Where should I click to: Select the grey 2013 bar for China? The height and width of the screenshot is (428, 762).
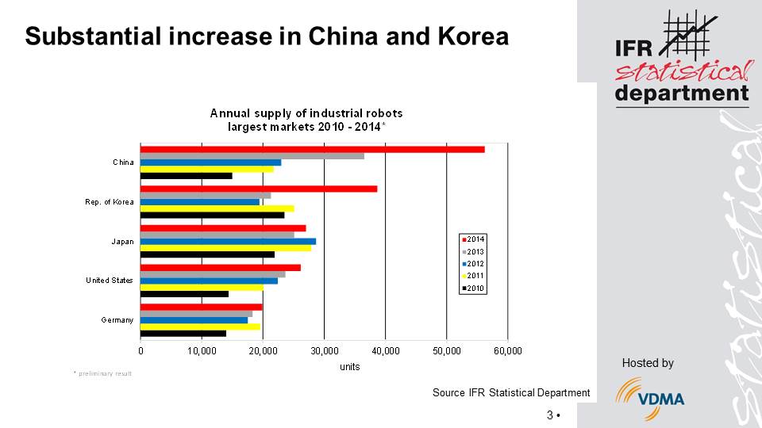click(252, 156)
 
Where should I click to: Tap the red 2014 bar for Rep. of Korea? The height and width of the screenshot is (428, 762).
click(259, 189)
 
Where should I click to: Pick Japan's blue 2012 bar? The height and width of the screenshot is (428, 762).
click(228, 241)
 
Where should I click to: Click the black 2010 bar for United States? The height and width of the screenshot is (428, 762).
click(184, 294)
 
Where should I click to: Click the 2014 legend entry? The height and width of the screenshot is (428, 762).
click(474, 239)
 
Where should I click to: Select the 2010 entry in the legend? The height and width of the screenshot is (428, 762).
click(474, 289)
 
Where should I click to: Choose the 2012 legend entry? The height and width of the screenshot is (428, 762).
click(474, 264)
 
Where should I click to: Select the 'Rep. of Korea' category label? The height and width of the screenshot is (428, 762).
click(110, 202)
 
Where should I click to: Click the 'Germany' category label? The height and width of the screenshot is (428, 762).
click(117, 320)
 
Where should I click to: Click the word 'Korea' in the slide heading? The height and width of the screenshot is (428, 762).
click(471, 36)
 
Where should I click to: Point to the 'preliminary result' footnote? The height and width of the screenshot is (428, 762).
click(104, 373)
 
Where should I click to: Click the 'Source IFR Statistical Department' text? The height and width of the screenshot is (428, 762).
click(510, 392)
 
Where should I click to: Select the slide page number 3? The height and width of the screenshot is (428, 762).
click(550, 415)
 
